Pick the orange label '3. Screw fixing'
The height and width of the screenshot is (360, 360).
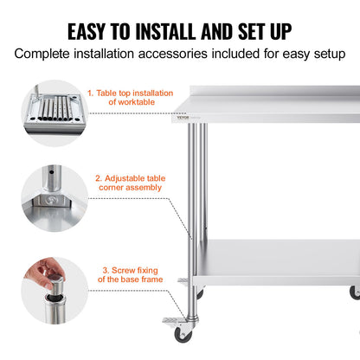[x=127, y=273]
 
